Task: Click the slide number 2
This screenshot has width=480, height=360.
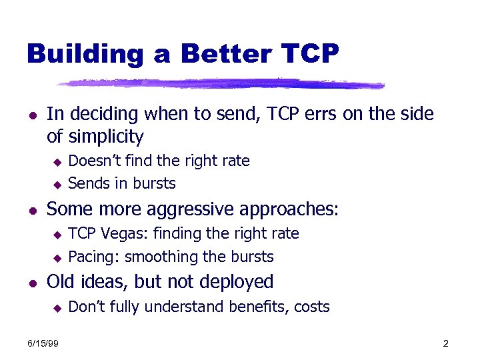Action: [445, 343]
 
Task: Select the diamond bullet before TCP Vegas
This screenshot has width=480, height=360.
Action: [57, 234]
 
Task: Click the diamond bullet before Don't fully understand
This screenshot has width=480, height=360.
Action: [57, 307]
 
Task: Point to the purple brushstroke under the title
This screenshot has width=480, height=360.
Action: [220, 84]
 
